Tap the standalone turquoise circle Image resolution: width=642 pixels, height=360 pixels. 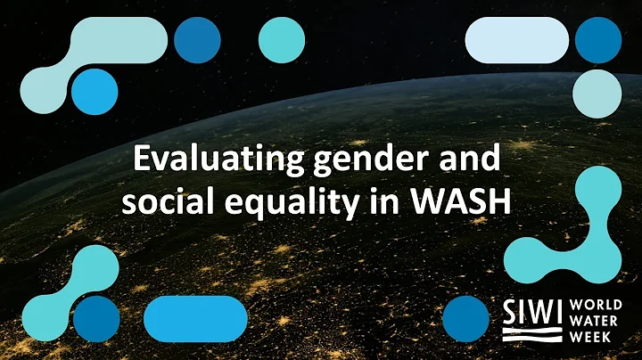click(282, 40)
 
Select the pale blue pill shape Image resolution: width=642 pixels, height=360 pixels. click(517, 40)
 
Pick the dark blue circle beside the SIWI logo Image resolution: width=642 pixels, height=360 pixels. click(465, 319)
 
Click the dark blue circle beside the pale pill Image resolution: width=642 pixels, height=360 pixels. click(597, 40)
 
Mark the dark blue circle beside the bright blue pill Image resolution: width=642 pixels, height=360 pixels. click(96, 319)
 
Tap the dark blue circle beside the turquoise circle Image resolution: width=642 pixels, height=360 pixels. click(197, 40)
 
